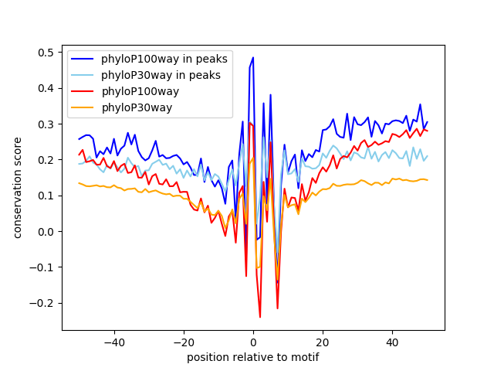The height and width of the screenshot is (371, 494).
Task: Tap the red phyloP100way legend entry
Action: click(140, 91)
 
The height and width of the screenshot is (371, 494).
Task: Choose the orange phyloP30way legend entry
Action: click(137, 107)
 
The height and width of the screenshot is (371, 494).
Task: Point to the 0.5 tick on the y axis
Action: click(47, 53)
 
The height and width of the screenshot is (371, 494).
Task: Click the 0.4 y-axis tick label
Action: click(47, 88)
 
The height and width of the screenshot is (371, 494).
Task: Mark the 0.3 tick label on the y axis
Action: click(47, 124)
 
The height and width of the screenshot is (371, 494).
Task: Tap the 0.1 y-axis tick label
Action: click(47, 196)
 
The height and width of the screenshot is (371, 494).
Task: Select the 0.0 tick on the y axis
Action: click(47, 231)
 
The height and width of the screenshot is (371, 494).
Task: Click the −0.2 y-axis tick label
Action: click(43, 303)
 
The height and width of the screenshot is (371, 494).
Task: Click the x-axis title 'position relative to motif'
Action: click(252, 357)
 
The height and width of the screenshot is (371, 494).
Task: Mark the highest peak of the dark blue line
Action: click(253, 57)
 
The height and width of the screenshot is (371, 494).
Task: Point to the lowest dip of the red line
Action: click(260, 317)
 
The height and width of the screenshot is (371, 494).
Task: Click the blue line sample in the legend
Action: click(84, 59)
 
